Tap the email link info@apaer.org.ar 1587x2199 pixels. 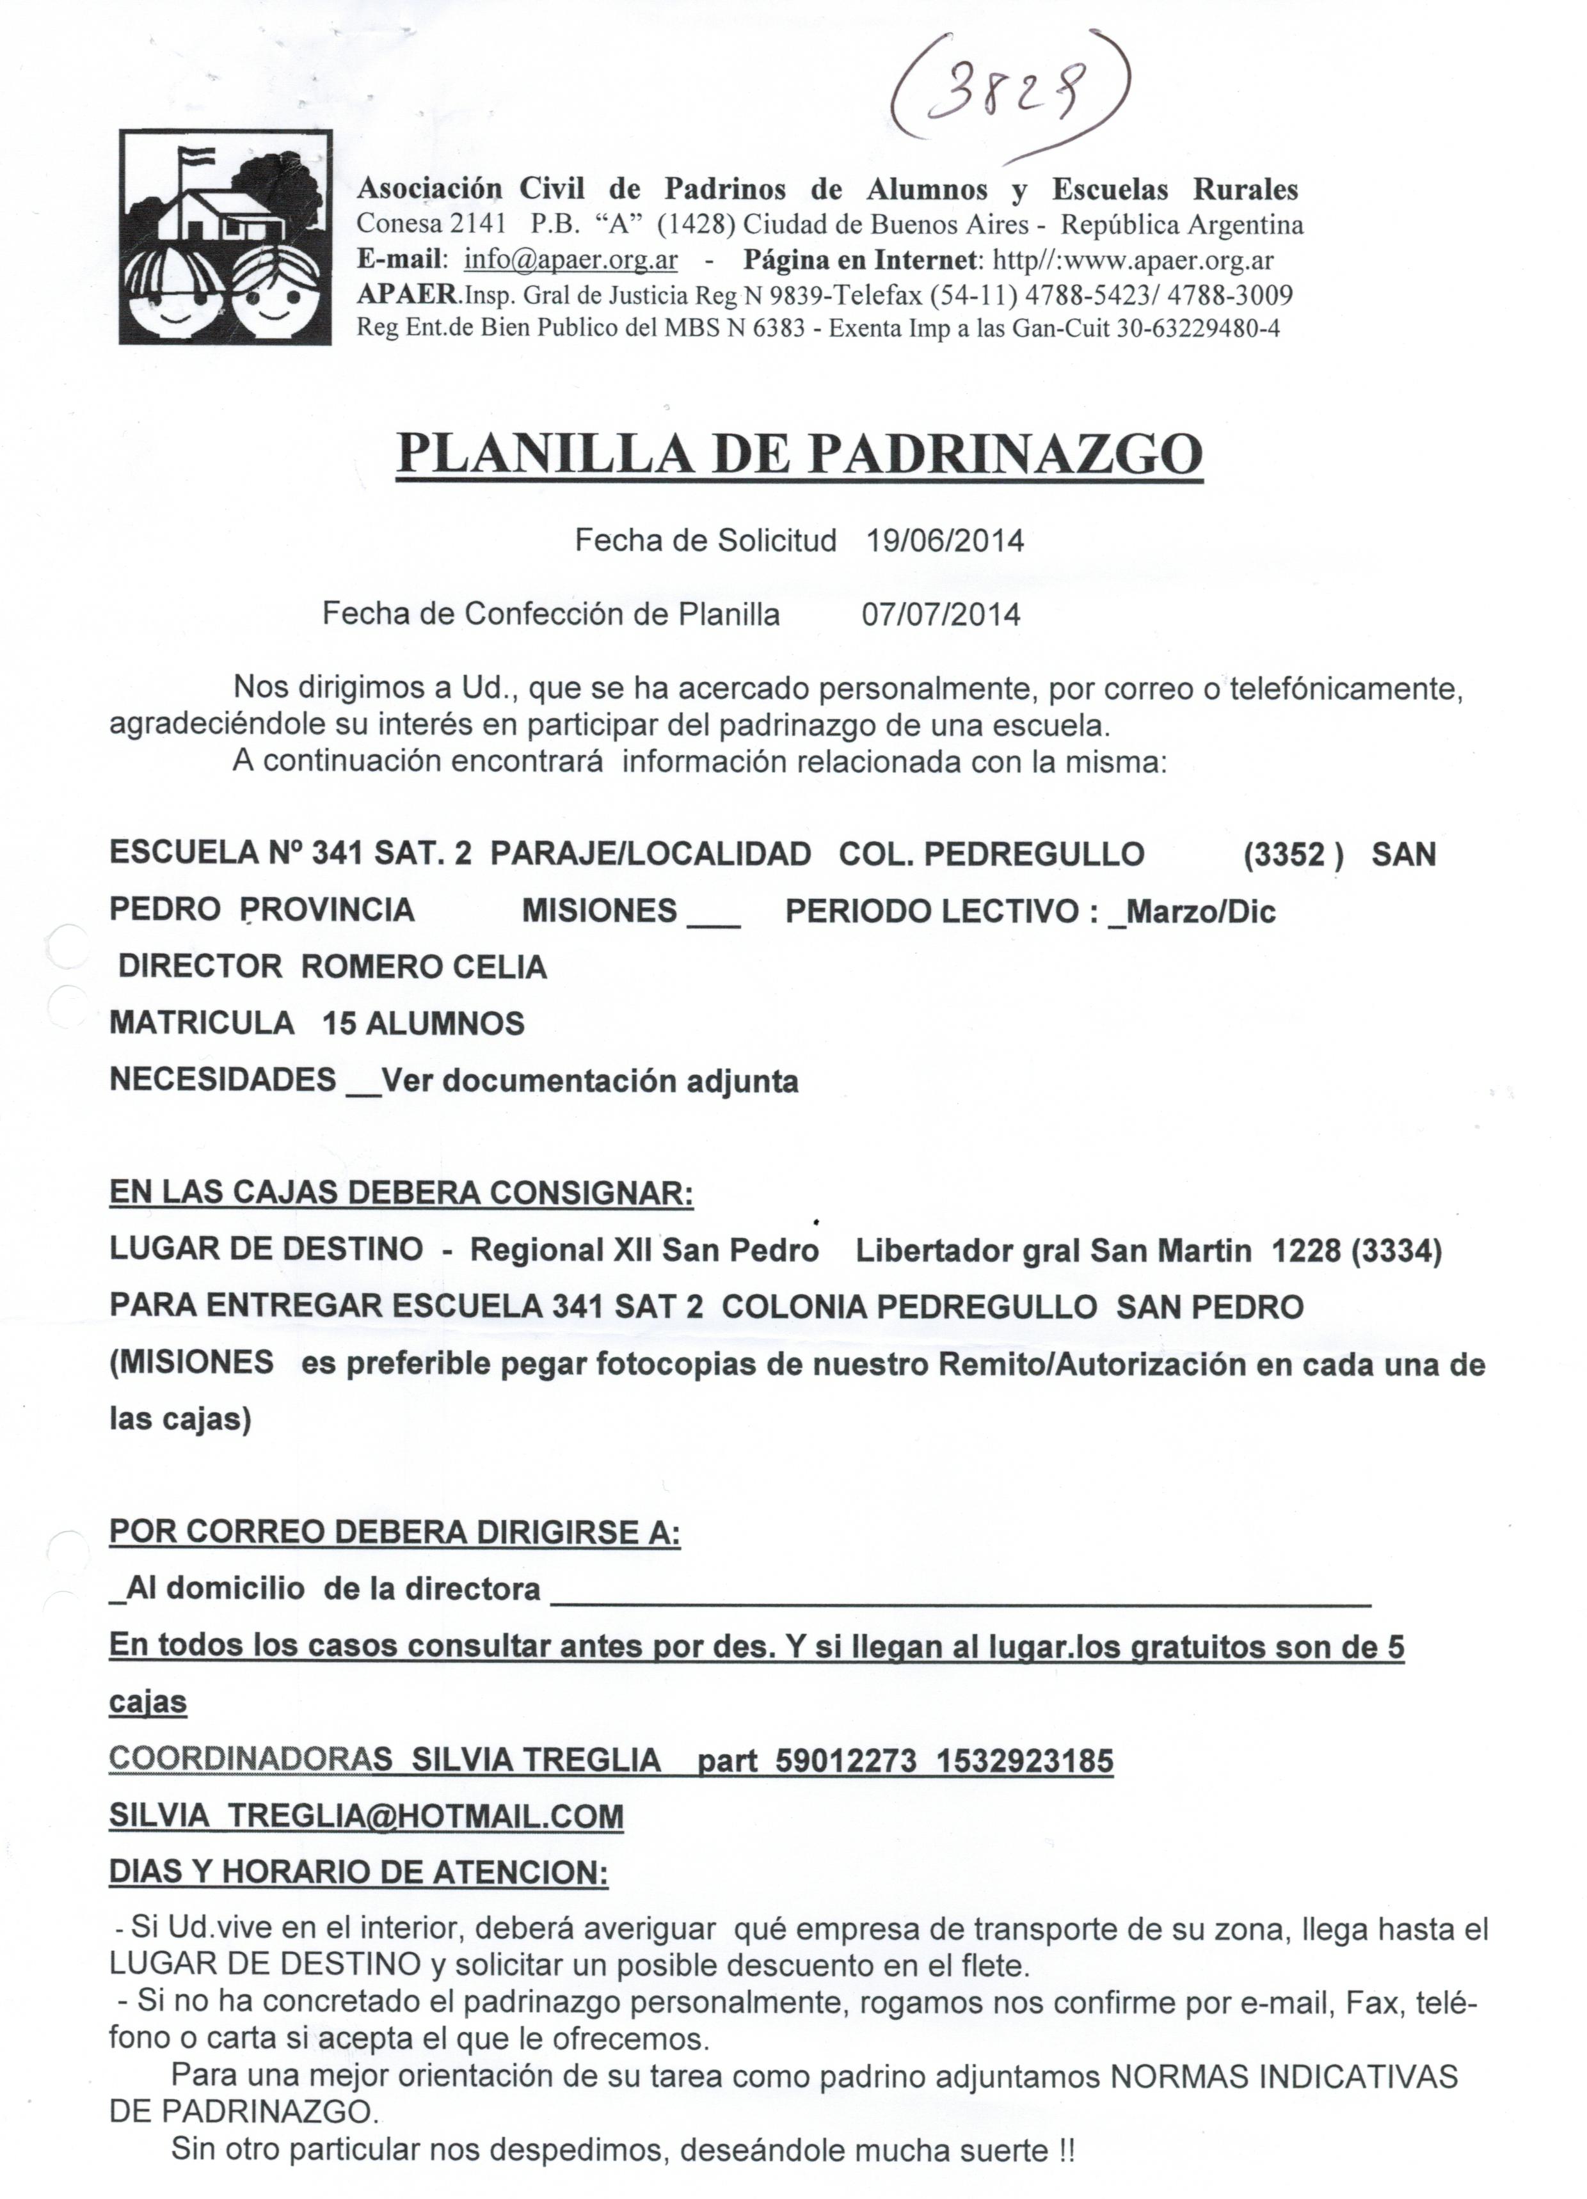(x=570, y=260)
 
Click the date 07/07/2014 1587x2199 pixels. (x=941, y=615)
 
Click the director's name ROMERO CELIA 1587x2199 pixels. (x=424, y=967)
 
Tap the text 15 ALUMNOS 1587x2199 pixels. (x=423, y=1023)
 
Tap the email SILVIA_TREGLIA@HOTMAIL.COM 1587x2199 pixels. (x=365, y=1816)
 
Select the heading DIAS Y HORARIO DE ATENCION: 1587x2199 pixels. (x=358, y=1872)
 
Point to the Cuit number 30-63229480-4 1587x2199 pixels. (x=1197, y=329)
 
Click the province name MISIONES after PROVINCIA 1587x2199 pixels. (x=600, y=912)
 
